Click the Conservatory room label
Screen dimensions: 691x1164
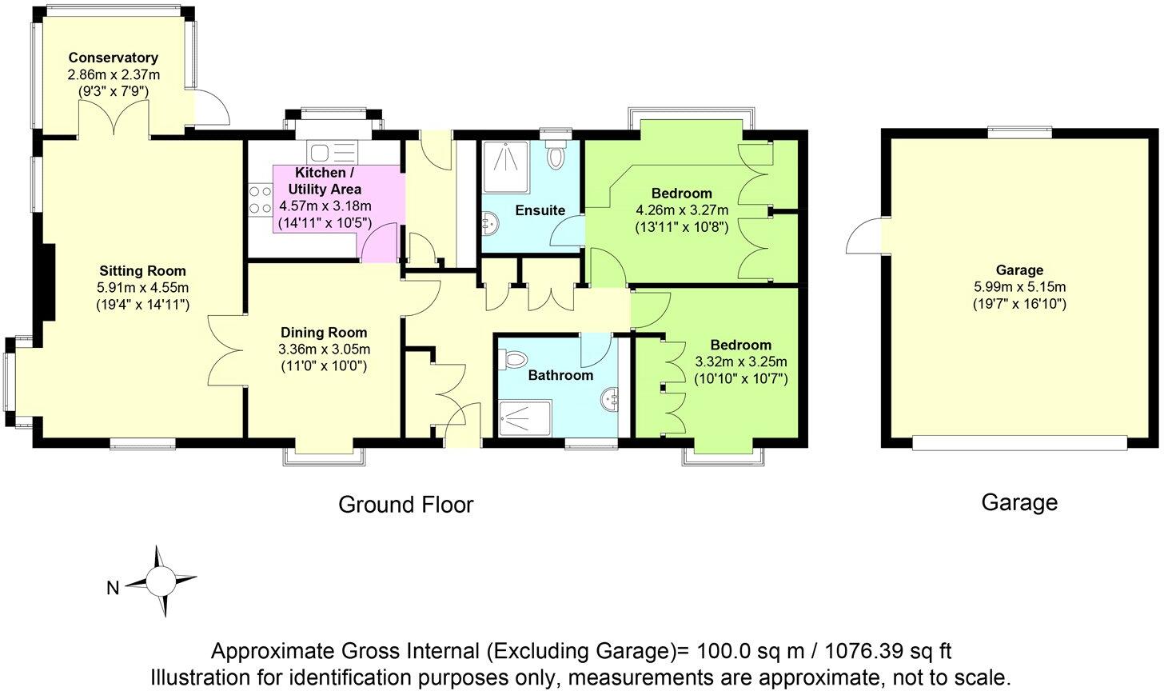pyautogui.click(x=113, y=58)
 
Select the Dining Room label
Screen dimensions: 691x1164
pyautogui.click(x=324, y=333)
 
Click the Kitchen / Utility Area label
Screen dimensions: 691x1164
pyautogui.click(x=328, y=181)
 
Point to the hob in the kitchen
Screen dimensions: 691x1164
pyautogui.click(x=260, y=199)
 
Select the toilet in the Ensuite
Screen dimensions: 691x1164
pyautogui.click(x=556, y=155)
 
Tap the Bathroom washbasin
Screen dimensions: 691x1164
pyautogui.click(x=608, y=397)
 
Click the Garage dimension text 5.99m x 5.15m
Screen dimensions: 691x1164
pyautogui.click(x=1019, y=287)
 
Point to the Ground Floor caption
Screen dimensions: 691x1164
pyautogui.click(x=405, y=505)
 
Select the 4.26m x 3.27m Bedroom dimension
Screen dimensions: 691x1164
pyautogui.click(x=682, y=210)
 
